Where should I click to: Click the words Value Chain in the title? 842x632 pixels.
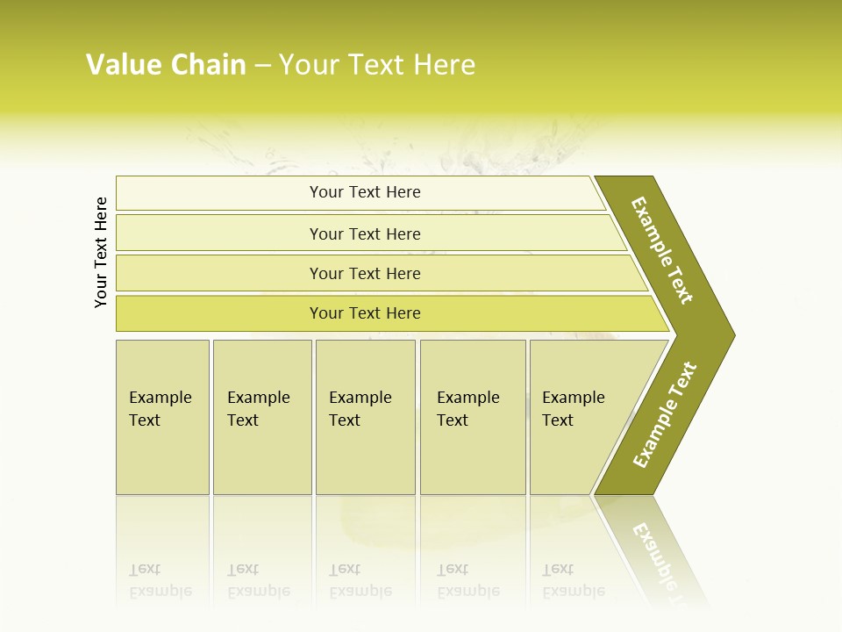click(x=166, y=65)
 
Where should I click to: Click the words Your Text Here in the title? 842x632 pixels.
click(x=377, y=65)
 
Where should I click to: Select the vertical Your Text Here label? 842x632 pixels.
click(x=101, y=252)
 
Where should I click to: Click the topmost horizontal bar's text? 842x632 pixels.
click(x=365, y=192)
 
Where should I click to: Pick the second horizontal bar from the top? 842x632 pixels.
click(x=365, y=233)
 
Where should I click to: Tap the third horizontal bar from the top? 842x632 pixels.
click(x=365, y=274)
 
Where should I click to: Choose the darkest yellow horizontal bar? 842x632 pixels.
click(x=365, y=313)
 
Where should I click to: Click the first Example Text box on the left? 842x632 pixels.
click(x=162, y=417)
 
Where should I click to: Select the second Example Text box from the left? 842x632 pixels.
click(x=261, y=417)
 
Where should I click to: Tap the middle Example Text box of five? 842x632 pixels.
click(x=365, y=417)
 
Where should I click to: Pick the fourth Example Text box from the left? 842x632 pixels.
click(x=472, y=417)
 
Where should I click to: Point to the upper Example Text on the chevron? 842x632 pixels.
click(x=663, y=250)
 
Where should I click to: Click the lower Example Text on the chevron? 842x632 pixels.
click(x=664, y=414)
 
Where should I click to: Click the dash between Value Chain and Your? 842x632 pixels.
click(x=262, y=66)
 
